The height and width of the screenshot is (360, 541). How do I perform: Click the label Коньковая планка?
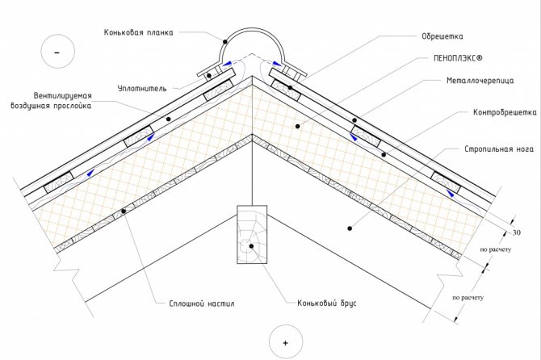pos(139,33)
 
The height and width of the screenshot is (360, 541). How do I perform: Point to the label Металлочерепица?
pos(476,82)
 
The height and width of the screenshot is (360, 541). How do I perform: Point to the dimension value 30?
pos(518,232)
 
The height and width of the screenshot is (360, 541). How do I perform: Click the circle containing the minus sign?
pos(57,52)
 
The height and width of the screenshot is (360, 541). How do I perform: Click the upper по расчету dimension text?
pos(493,250)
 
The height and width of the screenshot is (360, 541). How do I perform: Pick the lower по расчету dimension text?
pos(468,297)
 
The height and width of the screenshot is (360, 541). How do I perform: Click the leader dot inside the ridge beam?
pos(252,246)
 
